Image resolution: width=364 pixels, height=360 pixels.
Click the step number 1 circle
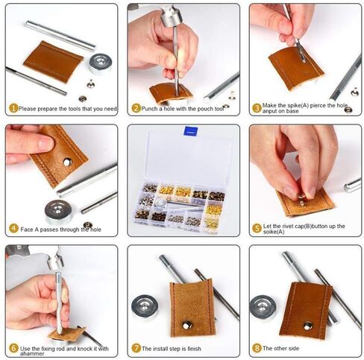click(13, 108)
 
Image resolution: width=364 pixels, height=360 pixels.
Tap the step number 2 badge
click(135, 108)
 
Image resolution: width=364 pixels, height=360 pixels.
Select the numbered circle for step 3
click(257, 108)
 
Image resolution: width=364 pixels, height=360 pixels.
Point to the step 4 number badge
click(13, 228)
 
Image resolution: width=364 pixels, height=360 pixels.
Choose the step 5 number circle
click(257, 228)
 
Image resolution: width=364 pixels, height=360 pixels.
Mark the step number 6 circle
click(13, 348)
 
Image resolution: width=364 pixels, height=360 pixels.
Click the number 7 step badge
click(135, 348)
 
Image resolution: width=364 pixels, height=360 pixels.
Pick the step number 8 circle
click(257, 348)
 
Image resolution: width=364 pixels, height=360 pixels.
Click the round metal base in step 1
click(99, 63)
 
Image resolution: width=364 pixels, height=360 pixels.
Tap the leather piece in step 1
click(52, 61)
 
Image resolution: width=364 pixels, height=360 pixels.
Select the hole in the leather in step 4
click(67, 161)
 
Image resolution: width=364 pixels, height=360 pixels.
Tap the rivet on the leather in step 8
click(307, 325)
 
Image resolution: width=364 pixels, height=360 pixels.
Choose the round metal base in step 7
click(145, 306)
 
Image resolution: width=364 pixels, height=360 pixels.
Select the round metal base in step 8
click(263, 307)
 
